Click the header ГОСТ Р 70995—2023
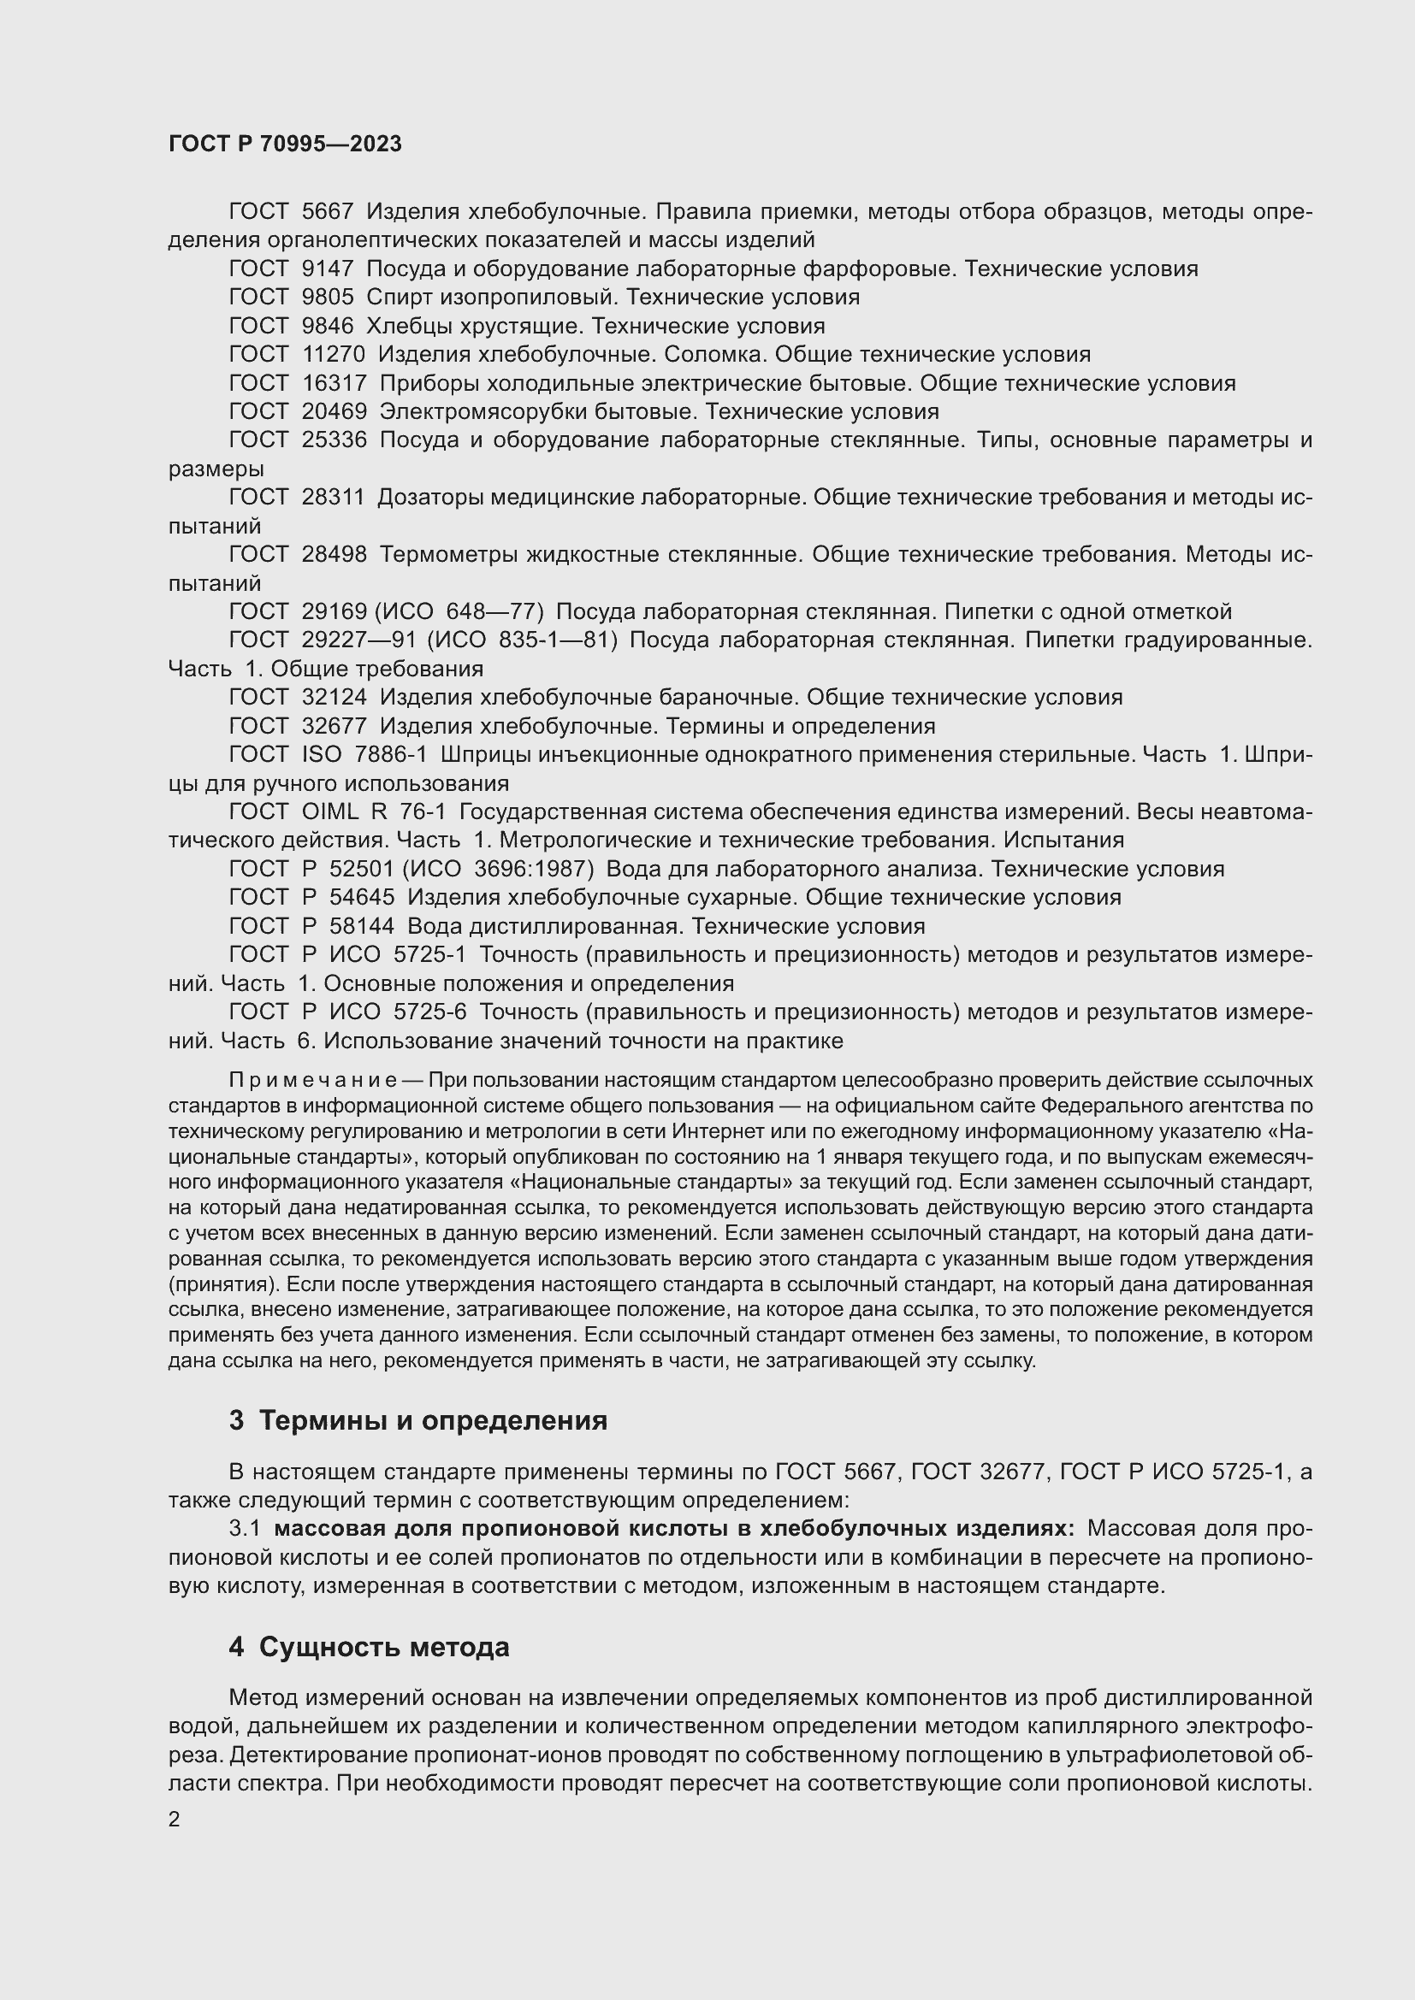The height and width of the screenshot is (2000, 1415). coord(285,144)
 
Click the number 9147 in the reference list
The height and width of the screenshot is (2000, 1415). coord(327,269)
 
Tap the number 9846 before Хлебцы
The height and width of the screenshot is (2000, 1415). coord(327,327)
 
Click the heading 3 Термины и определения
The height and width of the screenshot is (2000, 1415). coord(418,1421)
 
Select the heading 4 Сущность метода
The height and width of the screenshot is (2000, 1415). coord(370,1647)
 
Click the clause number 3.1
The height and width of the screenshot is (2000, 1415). coord(245,1529)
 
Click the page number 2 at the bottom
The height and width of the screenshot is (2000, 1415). coord(175,1820)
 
